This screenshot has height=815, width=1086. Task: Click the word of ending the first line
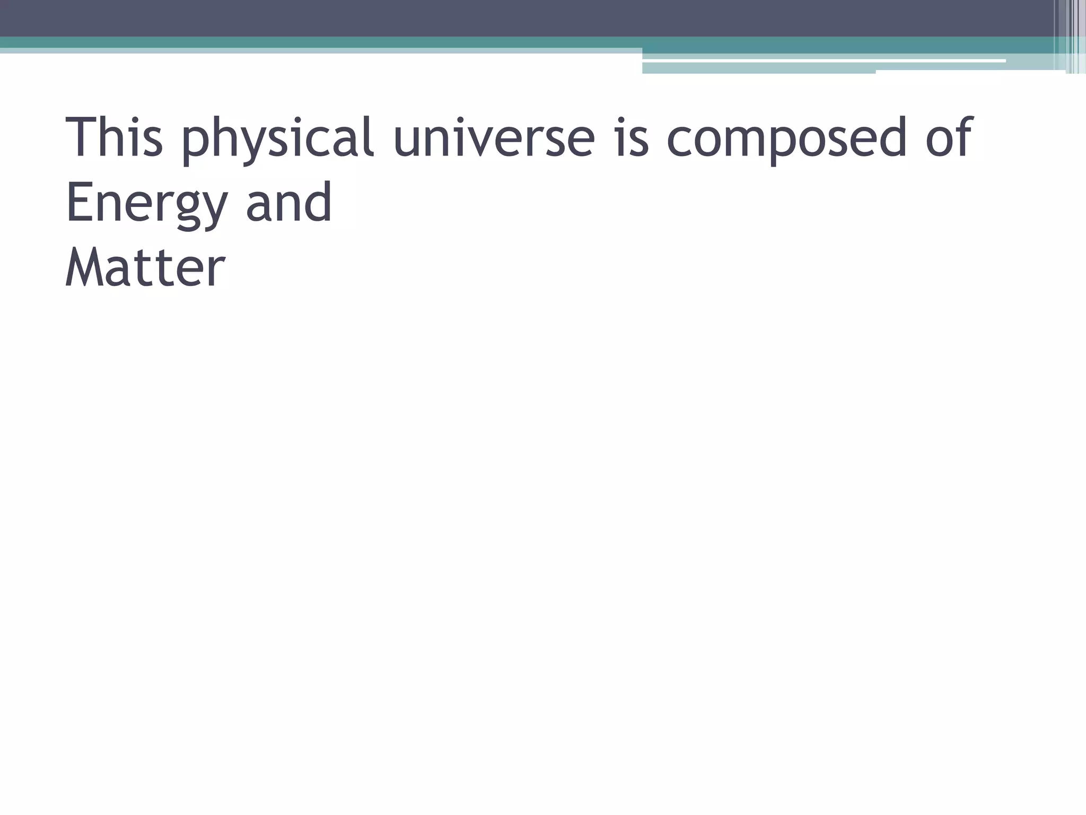(x=949, y=137)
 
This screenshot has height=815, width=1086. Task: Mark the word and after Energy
(x=289, y=202)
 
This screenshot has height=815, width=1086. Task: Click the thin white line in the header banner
(x=822, y=61)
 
